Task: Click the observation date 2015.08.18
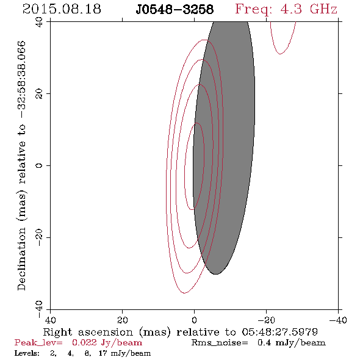62,9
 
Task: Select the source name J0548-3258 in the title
175,10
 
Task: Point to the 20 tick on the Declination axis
39,94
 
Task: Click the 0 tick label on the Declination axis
39,165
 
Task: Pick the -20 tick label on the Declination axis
39,237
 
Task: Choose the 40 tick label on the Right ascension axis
50,320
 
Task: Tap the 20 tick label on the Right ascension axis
123,320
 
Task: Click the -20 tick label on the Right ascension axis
266,320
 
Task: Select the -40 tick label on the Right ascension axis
338,320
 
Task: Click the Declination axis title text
21,165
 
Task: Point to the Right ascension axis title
181,332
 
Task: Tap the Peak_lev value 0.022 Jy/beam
107,342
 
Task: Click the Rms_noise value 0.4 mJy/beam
291,342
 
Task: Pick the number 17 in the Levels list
103,353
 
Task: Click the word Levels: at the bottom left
27,353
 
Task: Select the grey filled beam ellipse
224,147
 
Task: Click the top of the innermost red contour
196,123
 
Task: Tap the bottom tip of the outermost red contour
185,293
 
